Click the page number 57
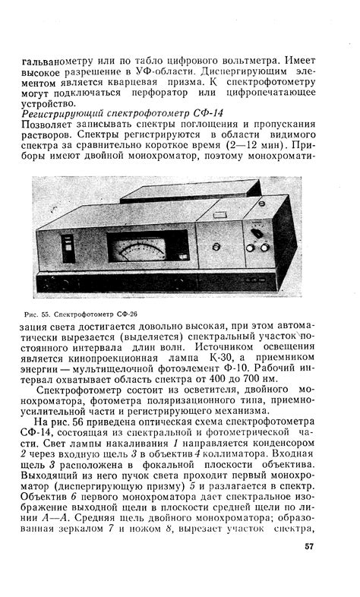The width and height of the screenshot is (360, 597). click(x=309, y=545)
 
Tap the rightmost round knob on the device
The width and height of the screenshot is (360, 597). click(x=264, y=247)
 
